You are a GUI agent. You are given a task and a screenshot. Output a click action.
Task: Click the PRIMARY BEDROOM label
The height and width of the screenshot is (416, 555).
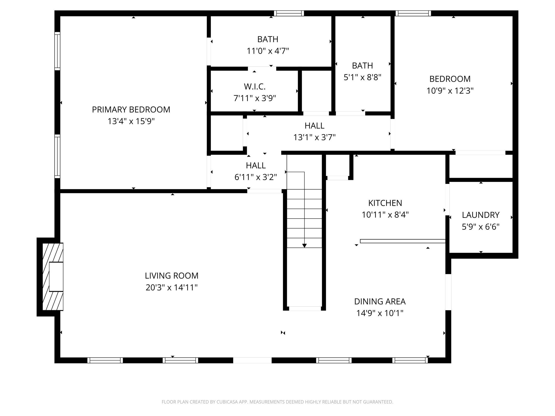(131, 110)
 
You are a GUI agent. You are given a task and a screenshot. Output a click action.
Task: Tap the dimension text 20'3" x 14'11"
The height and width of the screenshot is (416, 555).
(172, 287)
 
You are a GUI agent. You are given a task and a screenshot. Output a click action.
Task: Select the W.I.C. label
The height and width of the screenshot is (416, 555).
(255, 87)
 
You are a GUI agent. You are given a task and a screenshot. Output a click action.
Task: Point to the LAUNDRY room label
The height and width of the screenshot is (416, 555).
(480, 215)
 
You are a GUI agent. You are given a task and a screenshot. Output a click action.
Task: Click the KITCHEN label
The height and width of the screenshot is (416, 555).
(385, 203)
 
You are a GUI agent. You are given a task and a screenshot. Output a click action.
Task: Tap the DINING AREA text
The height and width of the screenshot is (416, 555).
(380, 301)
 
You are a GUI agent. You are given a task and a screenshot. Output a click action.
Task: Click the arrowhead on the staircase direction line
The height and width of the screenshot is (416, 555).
(304, 246)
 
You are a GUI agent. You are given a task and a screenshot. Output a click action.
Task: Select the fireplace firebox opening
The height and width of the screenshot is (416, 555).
(56, 277)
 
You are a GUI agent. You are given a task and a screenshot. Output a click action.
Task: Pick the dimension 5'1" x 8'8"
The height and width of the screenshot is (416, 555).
(362, 77)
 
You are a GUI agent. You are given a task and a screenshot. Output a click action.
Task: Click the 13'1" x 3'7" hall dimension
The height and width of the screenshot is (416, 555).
(314, 137)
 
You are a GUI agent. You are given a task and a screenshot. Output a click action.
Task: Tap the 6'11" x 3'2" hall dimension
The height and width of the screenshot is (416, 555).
(256, 177)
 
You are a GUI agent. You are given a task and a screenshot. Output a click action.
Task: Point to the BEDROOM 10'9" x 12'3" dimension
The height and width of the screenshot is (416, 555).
(450, 91)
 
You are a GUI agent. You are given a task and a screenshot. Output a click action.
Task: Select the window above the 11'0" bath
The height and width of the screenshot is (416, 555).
(289, 13)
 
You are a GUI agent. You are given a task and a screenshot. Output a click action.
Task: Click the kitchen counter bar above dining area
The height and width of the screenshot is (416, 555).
(402, 241)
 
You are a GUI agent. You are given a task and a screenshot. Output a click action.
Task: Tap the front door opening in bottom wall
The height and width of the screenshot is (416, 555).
(252, 360)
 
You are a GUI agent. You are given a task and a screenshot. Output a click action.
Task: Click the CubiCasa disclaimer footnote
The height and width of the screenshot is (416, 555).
(277, 402)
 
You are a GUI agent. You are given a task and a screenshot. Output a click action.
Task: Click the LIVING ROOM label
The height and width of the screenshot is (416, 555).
(172, 276)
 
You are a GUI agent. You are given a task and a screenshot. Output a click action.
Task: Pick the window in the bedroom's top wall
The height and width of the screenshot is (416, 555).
(413, 13)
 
